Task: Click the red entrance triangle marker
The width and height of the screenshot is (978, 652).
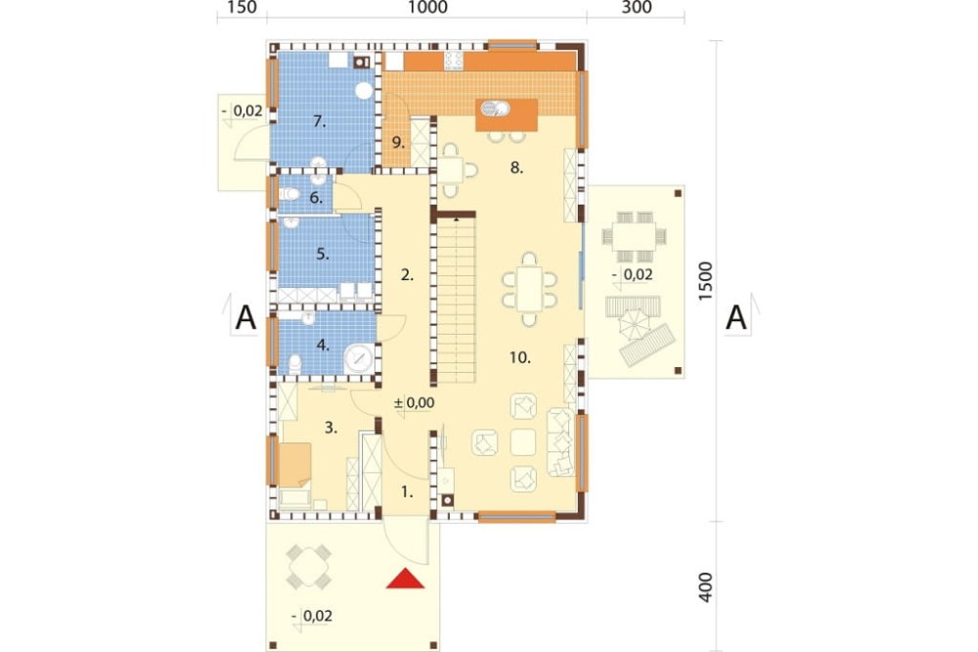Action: tap(406, 579)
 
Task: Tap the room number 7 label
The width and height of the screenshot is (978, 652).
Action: tap(320, 121)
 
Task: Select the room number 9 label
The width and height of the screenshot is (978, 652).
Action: tap(398, 142)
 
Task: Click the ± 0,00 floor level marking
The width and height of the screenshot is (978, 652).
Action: tap(414, 402)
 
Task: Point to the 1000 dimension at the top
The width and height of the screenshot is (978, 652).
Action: tap(428, 8)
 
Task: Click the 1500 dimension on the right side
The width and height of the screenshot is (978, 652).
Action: tap(705, 281)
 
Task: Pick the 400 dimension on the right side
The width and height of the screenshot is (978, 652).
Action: tap(705, 587)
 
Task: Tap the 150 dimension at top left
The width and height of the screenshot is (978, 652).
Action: tap(242, 8)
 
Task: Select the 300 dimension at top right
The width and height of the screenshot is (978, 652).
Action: tap(637, 8)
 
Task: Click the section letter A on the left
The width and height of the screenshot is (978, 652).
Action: tap(245, 318)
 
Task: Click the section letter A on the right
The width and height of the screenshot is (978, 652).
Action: tap(736, 318)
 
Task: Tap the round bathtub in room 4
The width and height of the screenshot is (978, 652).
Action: tap(359, 358)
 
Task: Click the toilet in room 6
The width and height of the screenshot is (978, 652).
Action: tap(289, 194)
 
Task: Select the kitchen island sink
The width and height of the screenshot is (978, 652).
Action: tap(494, 109)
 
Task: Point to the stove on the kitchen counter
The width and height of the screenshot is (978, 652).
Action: tap(454, 61)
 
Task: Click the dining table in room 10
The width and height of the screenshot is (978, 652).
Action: tap(529, 289)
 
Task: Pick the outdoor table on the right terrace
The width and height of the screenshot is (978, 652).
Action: tap(634, 237)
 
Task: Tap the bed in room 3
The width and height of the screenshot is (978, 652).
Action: tap(294, 465)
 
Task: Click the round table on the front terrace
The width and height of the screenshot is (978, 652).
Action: tap(309, 567)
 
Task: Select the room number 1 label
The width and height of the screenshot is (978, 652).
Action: tap(407, 492)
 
